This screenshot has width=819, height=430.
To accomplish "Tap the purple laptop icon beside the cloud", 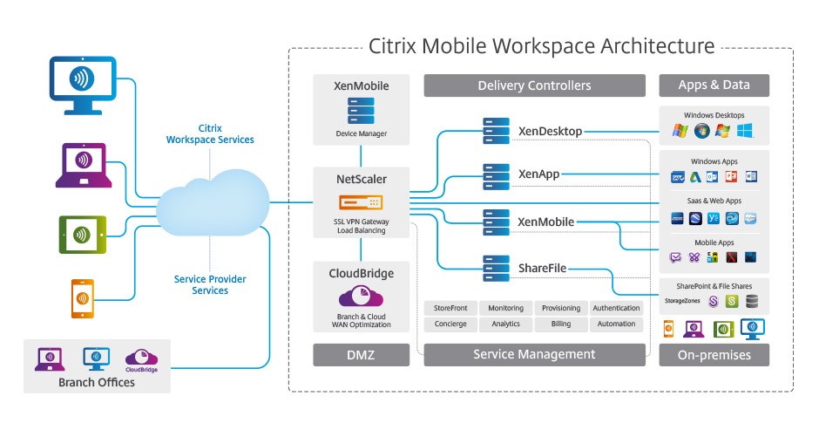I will [x=81, y=164].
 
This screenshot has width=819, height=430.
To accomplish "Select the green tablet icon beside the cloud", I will [x=82, y=234].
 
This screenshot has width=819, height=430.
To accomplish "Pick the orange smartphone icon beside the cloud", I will [x=82, y=298].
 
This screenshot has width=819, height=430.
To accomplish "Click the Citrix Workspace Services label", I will [x=210, y=133].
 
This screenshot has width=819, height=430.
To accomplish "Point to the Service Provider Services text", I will [x=210, y=284].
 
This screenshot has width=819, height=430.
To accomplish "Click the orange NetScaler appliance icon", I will [x=361, y=202].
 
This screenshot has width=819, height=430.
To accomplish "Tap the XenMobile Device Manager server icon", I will [x=361, y=112].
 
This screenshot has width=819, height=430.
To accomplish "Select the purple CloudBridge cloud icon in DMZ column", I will [x=361, y=297].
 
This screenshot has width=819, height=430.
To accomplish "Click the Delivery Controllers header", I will [x=534, y=85].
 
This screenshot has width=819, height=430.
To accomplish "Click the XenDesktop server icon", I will [x=497, y=132].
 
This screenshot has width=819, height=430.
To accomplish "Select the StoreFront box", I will [x=450, y=308].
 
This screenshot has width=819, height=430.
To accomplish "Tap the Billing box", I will [x=561, y=324].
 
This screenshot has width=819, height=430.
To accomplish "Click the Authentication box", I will [x=616, y=308].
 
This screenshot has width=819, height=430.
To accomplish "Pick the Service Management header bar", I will [x=534, y=354].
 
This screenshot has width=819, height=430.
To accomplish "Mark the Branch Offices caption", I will [x=96, y=382].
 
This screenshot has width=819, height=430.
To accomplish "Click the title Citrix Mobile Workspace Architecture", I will [x=541, y=46].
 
